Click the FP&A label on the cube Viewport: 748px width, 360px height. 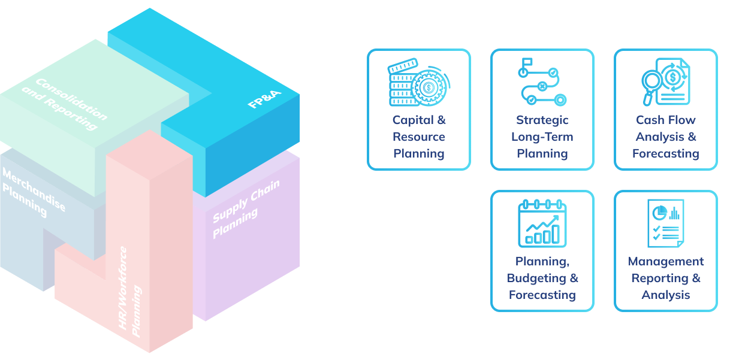point(264,99)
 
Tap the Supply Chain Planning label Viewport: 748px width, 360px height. point(246,209)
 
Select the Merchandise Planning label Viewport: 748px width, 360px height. point(34,192)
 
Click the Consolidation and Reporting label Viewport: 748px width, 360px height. point(65,104)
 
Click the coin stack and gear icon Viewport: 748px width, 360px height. point(419,82)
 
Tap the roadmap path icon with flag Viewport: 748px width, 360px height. point(542,82)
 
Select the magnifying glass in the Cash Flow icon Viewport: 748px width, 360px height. point(651,87)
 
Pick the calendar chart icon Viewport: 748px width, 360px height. point(542,223)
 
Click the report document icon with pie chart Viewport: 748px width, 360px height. point(666,223)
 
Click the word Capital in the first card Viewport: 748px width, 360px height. point(413,120)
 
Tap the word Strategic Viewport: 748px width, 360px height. point(542,120)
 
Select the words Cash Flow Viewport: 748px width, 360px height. point(666,120)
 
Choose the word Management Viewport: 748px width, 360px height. point(666,262)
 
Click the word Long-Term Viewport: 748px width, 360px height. point(542,137)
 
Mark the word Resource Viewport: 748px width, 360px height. point(419,137)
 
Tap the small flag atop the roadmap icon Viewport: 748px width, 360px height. point(527,62)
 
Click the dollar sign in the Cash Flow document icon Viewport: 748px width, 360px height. point(672,77)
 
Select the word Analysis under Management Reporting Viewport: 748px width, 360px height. point(666,295)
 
